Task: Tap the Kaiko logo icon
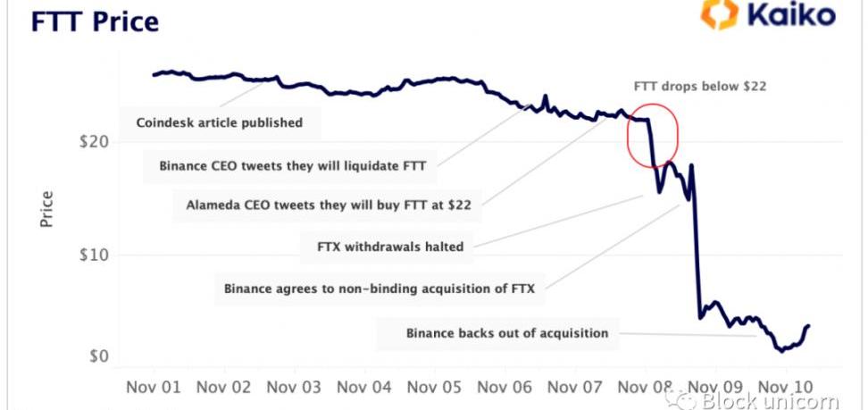click(719, 16)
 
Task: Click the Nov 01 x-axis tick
click(154, 388)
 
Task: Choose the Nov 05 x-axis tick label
click(435, 388)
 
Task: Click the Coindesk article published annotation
click(219, 122)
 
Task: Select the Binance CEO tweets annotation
click(293, 165)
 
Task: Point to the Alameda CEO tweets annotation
click(329, 205)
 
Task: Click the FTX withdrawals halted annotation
click(391, 246)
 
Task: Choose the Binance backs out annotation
click(507, 333)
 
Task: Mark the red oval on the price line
click(652, 134)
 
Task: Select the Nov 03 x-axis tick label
click(294, 388)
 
